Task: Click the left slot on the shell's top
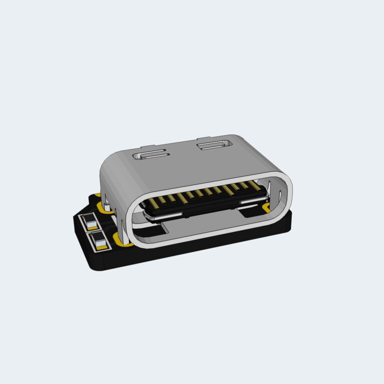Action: (149, 154)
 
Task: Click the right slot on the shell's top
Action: (215, 145)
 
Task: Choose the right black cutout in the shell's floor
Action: (250, 212)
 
